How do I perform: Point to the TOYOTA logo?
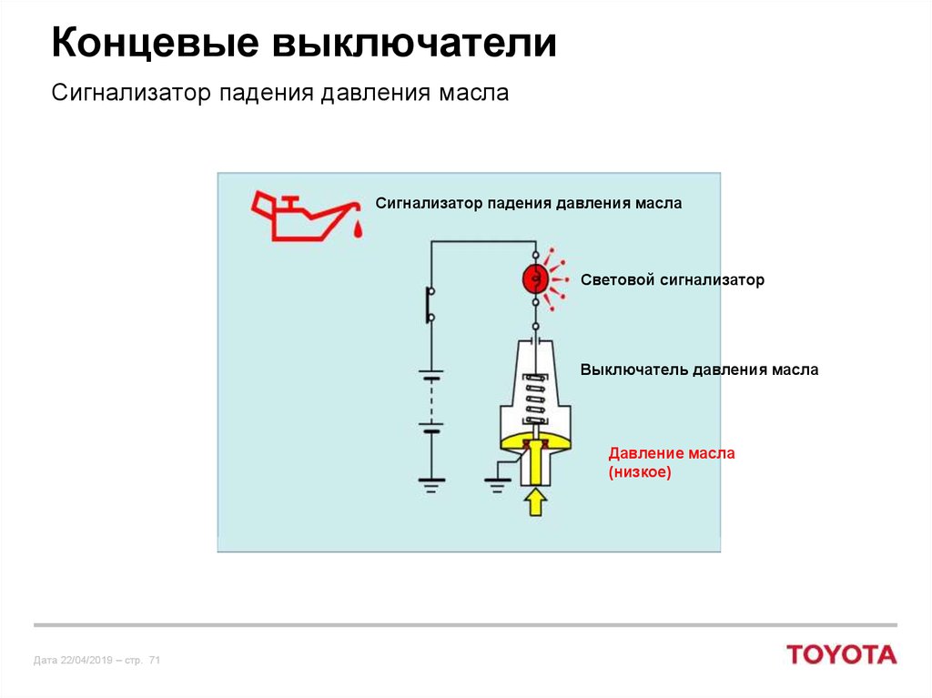[842, 654]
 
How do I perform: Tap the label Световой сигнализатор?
[672, 279]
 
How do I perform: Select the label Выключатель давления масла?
[699, 370]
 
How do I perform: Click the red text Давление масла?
[672, 452]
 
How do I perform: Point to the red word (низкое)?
[639, 472]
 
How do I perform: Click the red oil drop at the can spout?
[359, 230]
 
